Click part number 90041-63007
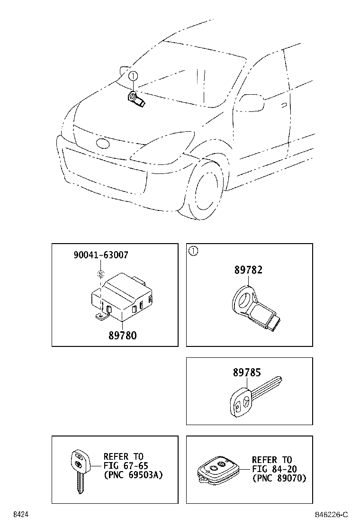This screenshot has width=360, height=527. click(x=100, y=255)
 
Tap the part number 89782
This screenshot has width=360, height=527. click(x=248, y=270)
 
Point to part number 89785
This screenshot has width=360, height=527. click(x=246, y=373)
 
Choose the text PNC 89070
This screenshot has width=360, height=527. click(x=279, y=478)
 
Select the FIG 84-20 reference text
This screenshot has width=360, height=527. click(x=272, y=469)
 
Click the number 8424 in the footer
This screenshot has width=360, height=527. click(x=19, y=515)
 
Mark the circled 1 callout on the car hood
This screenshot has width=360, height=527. click(x=133, y=76)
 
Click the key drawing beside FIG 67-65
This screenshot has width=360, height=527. click(x=79, y=469)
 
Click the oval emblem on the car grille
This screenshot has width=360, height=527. click(x=103, y=144)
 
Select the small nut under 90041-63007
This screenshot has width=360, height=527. click(x=100, y=273)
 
